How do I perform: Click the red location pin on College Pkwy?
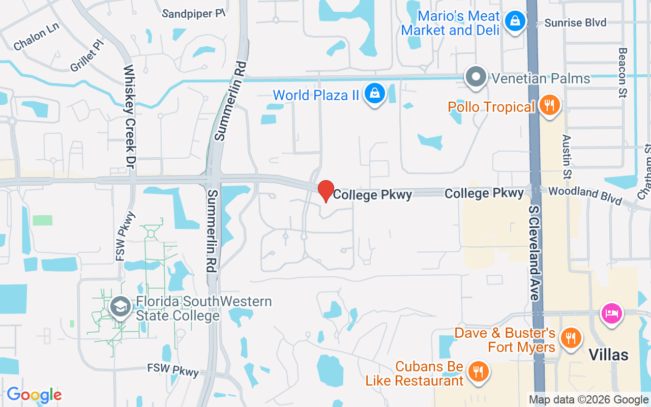click(326, 191)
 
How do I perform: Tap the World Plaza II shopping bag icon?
click(375, 94)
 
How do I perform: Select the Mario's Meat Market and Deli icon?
click(515, 21)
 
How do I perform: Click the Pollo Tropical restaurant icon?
click(549, 105)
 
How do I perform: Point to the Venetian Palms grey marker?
click(477, 77)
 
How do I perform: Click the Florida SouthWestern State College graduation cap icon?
click(121, 307)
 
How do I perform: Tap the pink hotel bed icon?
click(612, 312)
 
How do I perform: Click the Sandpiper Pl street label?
click(193, 14)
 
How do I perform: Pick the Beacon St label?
click(623, 72)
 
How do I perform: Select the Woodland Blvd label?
click(585, 195)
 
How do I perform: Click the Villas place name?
click(608, 354)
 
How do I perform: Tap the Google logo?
click(34, 395)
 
